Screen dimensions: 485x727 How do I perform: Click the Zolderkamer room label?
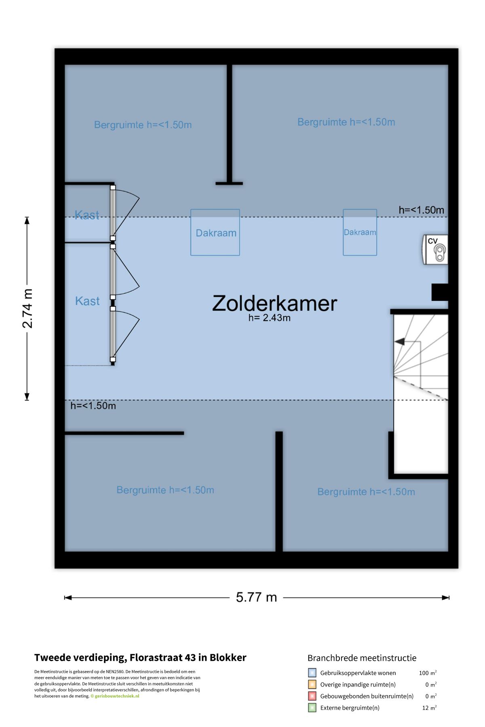coord(274,303)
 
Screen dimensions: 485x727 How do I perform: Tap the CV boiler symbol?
coord(435,250)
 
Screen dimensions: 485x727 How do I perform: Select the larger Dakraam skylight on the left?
coord(215,232)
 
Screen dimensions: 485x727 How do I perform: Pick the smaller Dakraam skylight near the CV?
coord(360,232)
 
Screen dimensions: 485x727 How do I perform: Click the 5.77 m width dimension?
coord(256,597)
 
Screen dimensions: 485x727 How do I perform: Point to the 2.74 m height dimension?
coord(27,309)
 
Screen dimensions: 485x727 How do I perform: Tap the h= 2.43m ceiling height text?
coord(269,318)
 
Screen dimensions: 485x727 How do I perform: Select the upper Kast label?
coord(87,215)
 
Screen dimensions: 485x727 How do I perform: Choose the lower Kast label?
coord(87,301)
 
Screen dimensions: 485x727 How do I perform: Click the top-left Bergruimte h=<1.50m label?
coord(143,125)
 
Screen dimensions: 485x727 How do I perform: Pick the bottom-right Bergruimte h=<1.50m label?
coord(366,492)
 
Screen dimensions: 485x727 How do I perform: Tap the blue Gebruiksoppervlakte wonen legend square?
coord(312,673)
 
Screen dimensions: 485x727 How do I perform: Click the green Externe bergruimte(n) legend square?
coord(312,708)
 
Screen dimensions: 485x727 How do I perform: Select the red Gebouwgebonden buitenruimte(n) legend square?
coord(312,696)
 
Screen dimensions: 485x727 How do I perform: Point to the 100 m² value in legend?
coord(428,673)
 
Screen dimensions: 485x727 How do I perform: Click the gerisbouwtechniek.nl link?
coord(117,696)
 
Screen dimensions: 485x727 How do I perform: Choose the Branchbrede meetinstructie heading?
coord(362,658)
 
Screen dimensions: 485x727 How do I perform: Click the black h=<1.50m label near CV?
coord(421,210)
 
